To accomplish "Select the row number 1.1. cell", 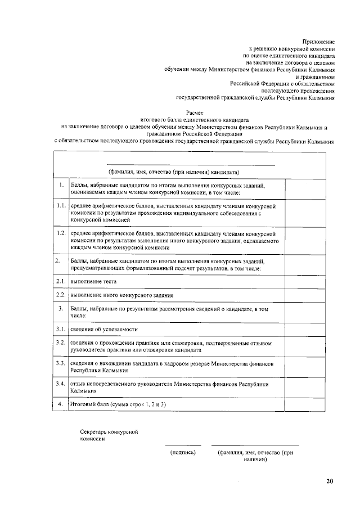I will (x=61, y=206).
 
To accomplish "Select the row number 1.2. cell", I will (x=61, y=232).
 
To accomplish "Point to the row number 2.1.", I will (x=61, y=281).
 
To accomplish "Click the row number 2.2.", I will (x=61, y=295).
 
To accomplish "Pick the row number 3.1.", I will (x=61, y=328).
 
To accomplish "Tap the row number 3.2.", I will (x=61, y=343).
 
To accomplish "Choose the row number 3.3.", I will (x=61, y=364).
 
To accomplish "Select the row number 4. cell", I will (x=61, y=404).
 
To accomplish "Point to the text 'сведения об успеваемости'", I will (x=104, y=329).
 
